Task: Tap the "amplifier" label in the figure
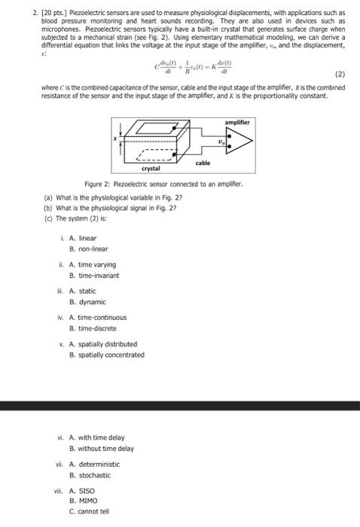(x=236, y=121)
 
